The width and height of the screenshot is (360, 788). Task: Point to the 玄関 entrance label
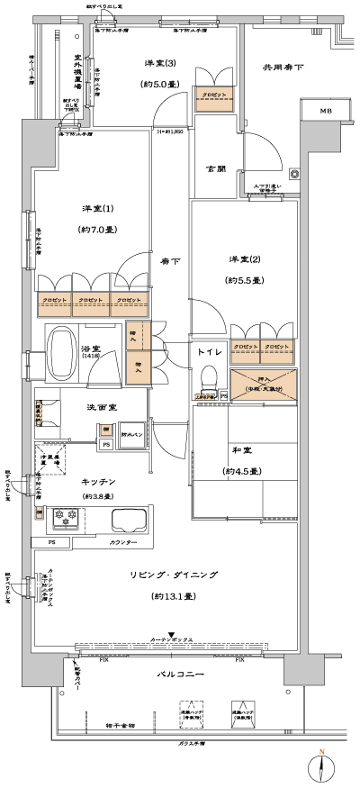tap(217, 168)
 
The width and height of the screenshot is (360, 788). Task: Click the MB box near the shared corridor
tap(324, 111)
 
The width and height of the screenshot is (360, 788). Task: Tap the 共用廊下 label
tap(283, 67)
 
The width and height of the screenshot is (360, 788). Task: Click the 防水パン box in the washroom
tap(131, 430)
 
